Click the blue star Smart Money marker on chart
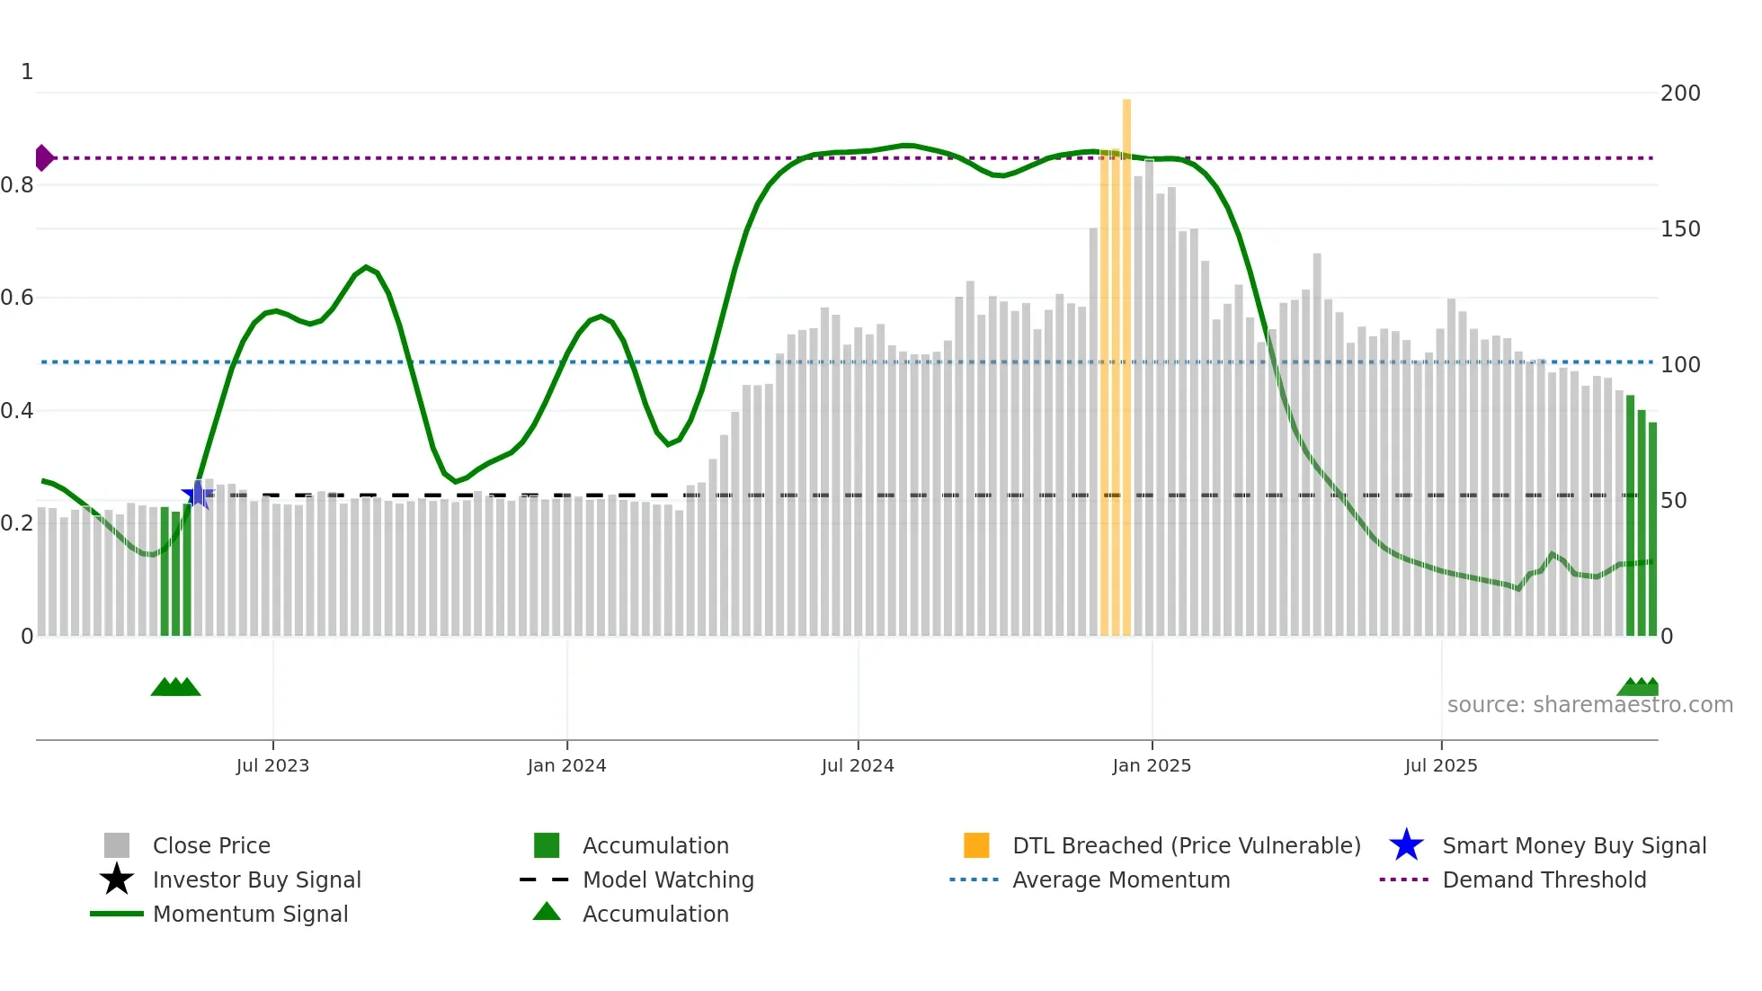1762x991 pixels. click(197, 494)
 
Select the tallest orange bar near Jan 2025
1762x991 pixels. click(1126, 360)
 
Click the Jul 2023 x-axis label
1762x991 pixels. click(272, 765)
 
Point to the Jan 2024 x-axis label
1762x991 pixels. click(566, 765)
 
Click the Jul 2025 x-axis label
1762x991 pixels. click(1440, 765)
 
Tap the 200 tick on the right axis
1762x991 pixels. click(1679, 94)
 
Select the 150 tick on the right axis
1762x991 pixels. click(1679, 229)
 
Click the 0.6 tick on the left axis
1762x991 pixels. click(18, 298)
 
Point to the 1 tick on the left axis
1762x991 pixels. click(27, 72)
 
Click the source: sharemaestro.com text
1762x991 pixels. click(1589, 705)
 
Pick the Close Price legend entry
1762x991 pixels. click(211, 845)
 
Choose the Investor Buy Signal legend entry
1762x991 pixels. click(256, 879)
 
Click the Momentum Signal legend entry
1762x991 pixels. click(250, 914)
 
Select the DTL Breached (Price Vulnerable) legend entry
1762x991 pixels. click(1186, 845)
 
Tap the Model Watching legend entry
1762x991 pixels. click(668, 879)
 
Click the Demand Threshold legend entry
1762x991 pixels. click(1544, 879)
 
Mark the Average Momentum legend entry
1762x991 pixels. click(1120, 879)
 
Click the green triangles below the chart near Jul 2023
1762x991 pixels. click(175, 687)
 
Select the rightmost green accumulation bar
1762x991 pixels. click(1652, 531)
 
